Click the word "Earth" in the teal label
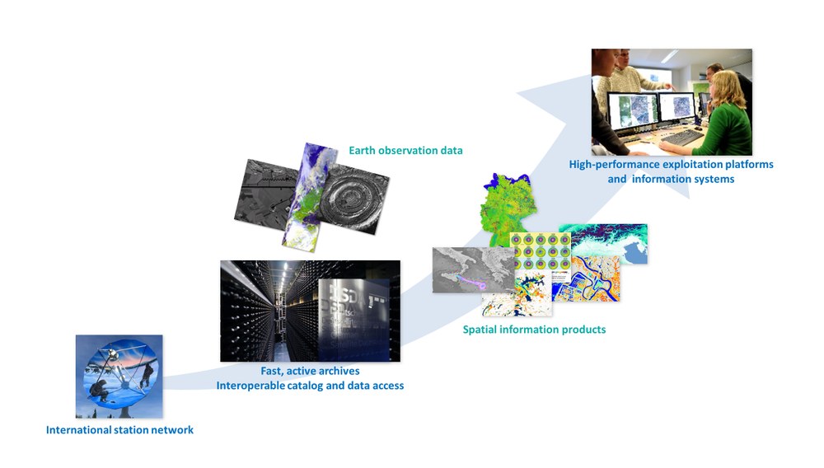[x=362, y=150]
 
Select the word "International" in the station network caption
[x=78, y=429]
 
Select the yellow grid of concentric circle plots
[x=541, y=251]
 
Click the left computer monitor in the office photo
[x=632, y=110]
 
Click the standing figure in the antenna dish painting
[x=148, y=375]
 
